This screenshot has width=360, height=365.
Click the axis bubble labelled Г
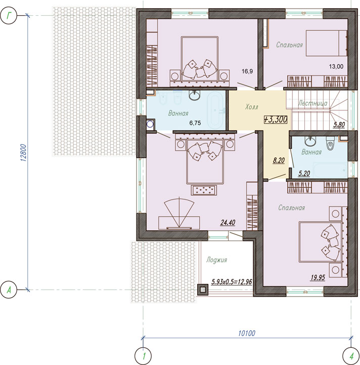pos(9,16)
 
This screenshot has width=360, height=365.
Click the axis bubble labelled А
pos(9,290)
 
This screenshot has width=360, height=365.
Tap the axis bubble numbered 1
pos(143,356)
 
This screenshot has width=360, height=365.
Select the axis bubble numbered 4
pos(351,356)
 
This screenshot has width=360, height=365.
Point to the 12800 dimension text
pos(24,153)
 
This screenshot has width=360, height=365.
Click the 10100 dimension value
pos(247,333)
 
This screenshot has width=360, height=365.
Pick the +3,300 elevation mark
pos(276,119)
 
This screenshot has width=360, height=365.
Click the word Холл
pos(252,107)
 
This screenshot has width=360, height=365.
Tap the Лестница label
pos(313,103)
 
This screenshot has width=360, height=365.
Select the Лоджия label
pos(217,260)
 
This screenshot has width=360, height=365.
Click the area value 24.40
pos(228,223)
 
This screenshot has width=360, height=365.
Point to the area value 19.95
pos(318,277)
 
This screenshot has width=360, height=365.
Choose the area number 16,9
pos(247,71)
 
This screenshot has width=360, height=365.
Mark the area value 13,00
pos(336,66)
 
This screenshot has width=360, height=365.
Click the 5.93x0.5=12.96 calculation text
pos(232,282)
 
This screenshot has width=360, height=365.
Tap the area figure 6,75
pos(195,123)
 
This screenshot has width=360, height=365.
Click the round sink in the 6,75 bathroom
pos(194,95)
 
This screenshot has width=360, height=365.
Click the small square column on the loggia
pos(203,290)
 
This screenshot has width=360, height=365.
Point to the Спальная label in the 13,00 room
pos(290,45)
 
